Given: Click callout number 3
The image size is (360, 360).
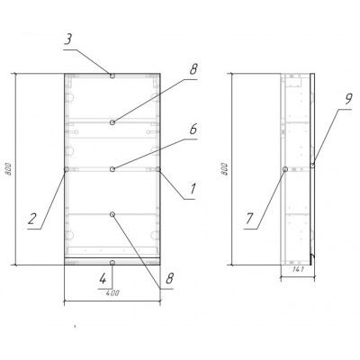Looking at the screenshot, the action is [69, 40].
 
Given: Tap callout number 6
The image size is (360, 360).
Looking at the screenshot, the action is [193, 130].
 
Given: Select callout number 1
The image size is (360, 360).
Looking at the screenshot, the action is [193, 189].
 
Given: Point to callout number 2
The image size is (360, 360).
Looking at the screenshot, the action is [32, 219].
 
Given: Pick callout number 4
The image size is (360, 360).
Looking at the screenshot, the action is [103, 279].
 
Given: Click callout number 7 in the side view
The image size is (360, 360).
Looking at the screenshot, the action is [249, 219].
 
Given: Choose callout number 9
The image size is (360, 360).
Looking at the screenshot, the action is [347, 99].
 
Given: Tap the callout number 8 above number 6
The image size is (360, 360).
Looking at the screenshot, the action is [193, 69].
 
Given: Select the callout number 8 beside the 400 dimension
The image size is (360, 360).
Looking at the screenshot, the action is [169, 279].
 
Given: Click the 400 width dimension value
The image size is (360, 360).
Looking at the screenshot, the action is [112, 292].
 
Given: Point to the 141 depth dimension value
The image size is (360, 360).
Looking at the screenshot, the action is [298, 269].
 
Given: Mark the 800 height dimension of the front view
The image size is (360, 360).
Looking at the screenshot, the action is [9, 169].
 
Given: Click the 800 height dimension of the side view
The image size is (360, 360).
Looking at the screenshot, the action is [225, 169].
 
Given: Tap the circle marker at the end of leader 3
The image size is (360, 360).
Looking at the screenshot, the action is [112, 76].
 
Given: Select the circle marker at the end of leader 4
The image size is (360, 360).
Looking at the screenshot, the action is [112, 263].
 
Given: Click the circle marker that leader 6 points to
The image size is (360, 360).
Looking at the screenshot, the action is [112, 169].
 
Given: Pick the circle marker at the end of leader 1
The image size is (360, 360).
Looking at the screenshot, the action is [158, 169].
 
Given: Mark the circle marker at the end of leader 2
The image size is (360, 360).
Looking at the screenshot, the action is [67, 169].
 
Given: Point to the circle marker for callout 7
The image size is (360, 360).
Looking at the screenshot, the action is [285, 169].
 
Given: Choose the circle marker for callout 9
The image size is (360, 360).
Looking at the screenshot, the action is [312, 166].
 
